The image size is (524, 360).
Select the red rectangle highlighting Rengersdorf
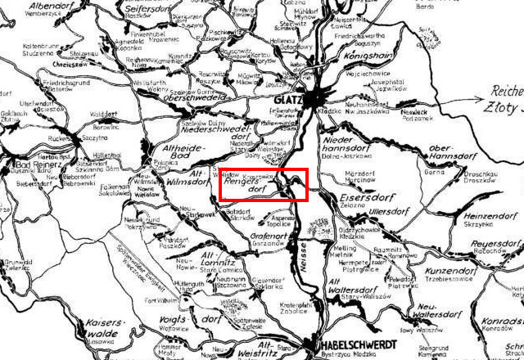pyautogui.click(x=262, y=184)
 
